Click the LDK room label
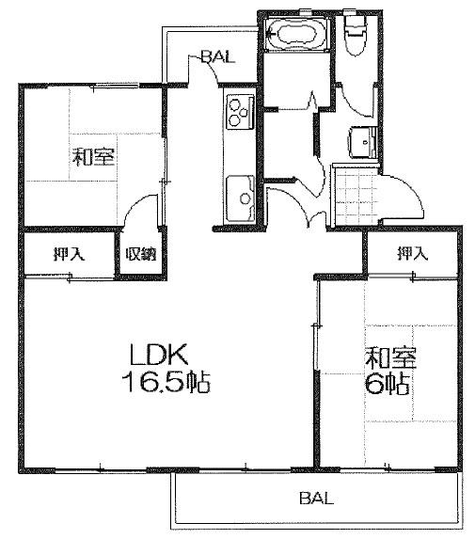click(x=159, y=354)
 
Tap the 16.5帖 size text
click(x=166, y=382)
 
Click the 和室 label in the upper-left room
click(x=93, y=157)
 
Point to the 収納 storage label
click(x=140, y=254)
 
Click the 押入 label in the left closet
click(x=69, y=254)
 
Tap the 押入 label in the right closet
click(x=412, y=254)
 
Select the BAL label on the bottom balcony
click(x=316, y=498)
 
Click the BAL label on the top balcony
click(x=218, y=56)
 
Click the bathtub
click(x=296, y=34)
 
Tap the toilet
click(x=356, y=35)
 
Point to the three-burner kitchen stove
click(x=240, y=112)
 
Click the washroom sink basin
click(x=363, y=142)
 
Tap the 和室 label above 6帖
click(x=390, y=357)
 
